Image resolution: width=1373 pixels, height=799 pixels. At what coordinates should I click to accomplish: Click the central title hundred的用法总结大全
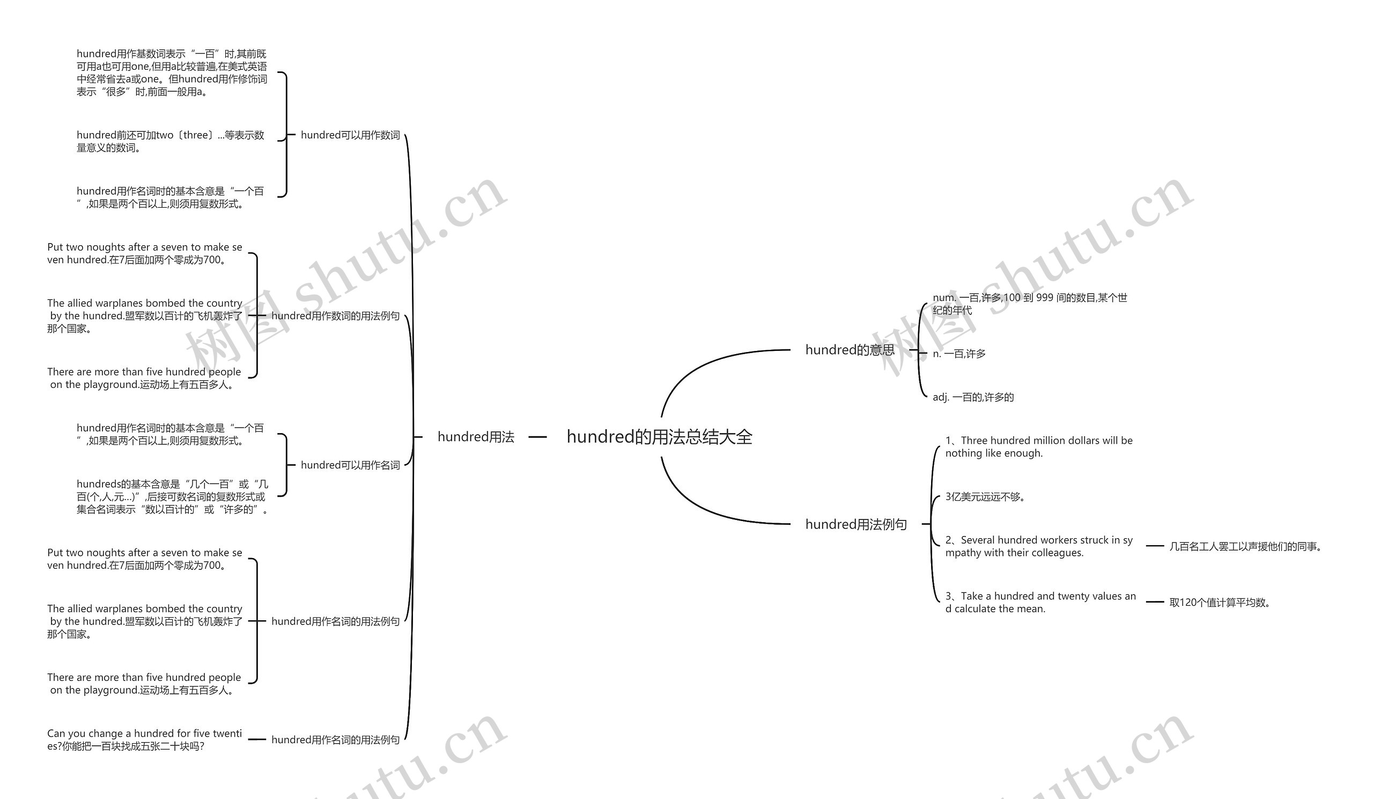click(x=659, y=437)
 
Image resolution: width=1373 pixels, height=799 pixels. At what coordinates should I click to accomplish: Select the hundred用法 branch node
click(x=476, y=437)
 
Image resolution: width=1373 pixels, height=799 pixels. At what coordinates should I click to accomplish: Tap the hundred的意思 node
click(x=850, y=350)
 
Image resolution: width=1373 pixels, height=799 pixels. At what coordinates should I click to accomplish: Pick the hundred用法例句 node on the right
click(x=855, y=524)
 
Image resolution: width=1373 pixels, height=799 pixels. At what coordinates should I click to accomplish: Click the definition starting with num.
click(x=1029, y=304)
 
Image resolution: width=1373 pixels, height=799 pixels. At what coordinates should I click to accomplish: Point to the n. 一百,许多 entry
click(x=959, y=354)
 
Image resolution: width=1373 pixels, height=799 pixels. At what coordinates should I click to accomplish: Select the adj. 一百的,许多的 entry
click(x=973, y=397)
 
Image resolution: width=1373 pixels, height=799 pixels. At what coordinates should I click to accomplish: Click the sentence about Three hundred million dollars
click(x=1038, y=446)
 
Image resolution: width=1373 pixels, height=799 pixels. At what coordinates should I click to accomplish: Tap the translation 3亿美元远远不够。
click(x=985, y=496)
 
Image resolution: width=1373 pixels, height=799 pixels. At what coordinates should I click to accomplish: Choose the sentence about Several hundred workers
click(x=1038, y=546)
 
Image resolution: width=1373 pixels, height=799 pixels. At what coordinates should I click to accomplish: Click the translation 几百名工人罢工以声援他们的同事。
click(x=1245, y=546)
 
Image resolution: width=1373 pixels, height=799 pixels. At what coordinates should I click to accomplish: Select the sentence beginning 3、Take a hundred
click(x=1040, y=602)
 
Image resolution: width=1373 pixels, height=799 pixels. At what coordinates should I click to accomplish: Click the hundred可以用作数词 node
click(x=350, y=135)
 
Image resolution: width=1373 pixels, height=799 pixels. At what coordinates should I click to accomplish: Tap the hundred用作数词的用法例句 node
click(x=335, y=316)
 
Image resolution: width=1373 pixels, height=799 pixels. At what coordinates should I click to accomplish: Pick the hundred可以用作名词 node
click(x=350, y=465)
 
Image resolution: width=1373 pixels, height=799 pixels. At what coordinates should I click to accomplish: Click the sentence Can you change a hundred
click(x=144, y=739)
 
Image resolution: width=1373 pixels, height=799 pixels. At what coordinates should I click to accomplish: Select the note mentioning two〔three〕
click(x=171, y=141)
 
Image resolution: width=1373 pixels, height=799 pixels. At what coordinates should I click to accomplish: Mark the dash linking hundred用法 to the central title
click(x=537, y=437)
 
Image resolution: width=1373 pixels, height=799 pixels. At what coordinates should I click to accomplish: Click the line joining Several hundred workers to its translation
click(x=1155, y=546)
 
